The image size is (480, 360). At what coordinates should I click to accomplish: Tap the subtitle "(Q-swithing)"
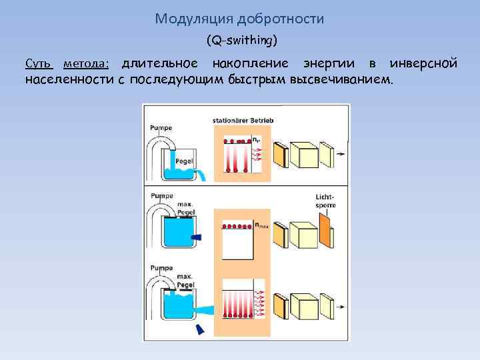coord(241,41)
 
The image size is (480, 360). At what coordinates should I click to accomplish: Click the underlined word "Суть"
coord(39,64)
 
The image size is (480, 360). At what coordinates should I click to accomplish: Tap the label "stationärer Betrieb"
coord(243,121)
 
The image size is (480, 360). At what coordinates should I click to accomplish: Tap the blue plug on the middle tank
coord(196,237)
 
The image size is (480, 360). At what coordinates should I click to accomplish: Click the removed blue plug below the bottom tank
coord(199,329)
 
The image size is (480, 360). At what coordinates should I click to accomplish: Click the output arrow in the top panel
coord(341,154)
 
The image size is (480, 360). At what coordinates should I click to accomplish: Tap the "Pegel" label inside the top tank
coord(184,162)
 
